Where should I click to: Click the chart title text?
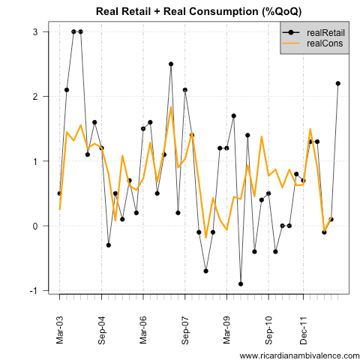point(195,11)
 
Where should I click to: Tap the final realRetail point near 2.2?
point(337,83)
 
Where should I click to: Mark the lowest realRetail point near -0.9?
point(241,283)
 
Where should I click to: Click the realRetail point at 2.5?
point(171,64)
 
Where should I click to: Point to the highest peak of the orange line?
point(171,106)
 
